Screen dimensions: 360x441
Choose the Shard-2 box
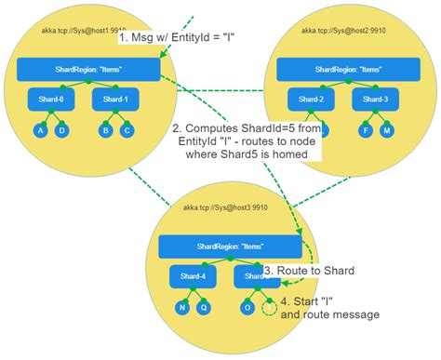(x=311, y=100)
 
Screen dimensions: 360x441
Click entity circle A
(x=40, y=130)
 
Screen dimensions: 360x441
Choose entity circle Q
(x=205, y=308)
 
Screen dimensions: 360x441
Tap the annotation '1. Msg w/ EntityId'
(x=175, y=39)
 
